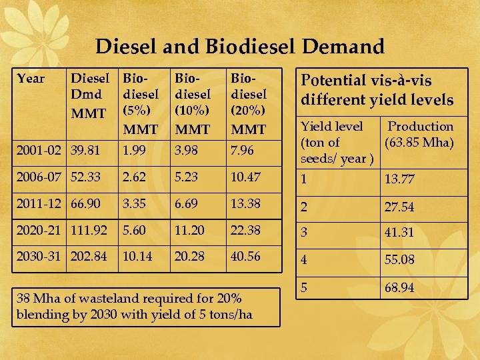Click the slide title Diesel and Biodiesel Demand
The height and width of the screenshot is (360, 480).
point(240,47)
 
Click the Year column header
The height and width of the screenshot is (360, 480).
point(31,79)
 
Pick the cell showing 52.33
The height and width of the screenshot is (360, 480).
point(87,177)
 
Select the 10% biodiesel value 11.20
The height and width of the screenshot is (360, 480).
point(190,229)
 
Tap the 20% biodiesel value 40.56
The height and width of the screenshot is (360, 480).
point(245,256)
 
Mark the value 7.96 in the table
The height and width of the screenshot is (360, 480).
point(241,151)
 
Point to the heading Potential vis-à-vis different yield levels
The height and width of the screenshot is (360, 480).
point(377,90)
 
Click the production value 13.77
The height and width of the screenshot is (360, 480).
point(399,179)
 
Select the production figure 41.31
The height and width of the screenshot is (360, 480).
point(399,233)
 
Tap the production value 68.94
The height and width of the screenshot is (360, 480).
point(399,288)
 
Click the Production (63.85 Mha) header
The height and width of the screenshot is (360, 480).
point(419,134)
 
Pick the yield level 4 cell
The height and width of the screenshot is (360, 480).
point(304,259)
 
